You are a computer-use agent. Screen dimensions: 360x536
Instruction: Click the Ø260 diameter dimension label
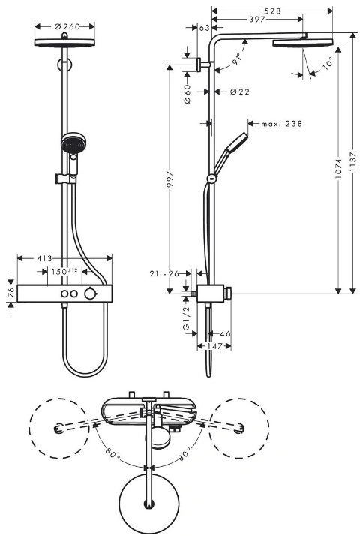pos(67,26)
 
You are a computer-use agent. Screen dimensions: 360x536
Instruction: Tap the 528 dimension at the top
pos(272,11)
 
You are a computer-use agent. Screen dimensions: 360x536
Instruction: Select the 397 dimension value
pos(256,20)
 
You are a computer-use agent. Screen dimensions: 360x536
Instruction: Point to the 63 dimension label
pos(204,28)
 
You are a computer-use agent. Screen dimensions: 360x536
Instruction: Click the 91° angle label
pos(237,59)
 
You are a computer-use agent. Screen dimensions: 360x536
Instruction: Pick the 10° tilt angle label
pos(327,64)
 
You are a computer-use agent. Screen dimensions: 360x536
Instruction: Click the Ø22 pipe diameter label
pos(240,92)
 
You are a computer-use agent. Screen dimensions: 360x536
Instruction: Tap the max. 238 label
pos(282,124)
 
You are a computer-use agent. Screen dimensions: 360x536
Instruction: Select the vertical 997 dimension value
pos(169,180)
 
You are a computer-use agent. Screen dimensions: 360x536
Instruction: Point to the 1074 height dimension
pos(338,168)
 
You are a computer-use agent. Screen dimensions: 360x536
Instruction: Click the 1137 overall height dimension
pos(352,164)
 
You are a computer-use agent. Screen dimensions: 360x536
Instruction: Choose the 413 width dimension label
pos(45,258)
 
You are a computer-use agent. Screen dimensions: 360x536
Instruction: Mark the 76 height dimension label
pos(11,293)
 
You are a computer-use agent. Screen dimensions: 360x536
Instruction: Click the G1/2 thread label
pos(187,318)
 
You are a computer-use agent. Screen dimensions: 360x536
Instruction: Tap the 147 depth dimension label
pos(214,346)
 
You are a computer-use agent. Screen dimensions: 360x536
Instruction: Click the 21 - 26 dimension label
pos(164,273)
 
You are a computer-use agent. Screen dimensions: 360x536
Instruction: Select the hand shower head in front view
pos(73,143)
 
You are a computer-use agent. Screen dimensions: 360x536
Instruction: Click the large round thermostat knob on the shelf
pos(91,294)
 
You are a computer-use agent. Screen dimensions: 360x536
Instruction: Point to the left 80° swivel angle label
pos(112,453)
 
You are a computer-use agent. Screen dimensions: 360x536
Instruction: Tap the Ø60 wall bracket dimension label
pos(187,95)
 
